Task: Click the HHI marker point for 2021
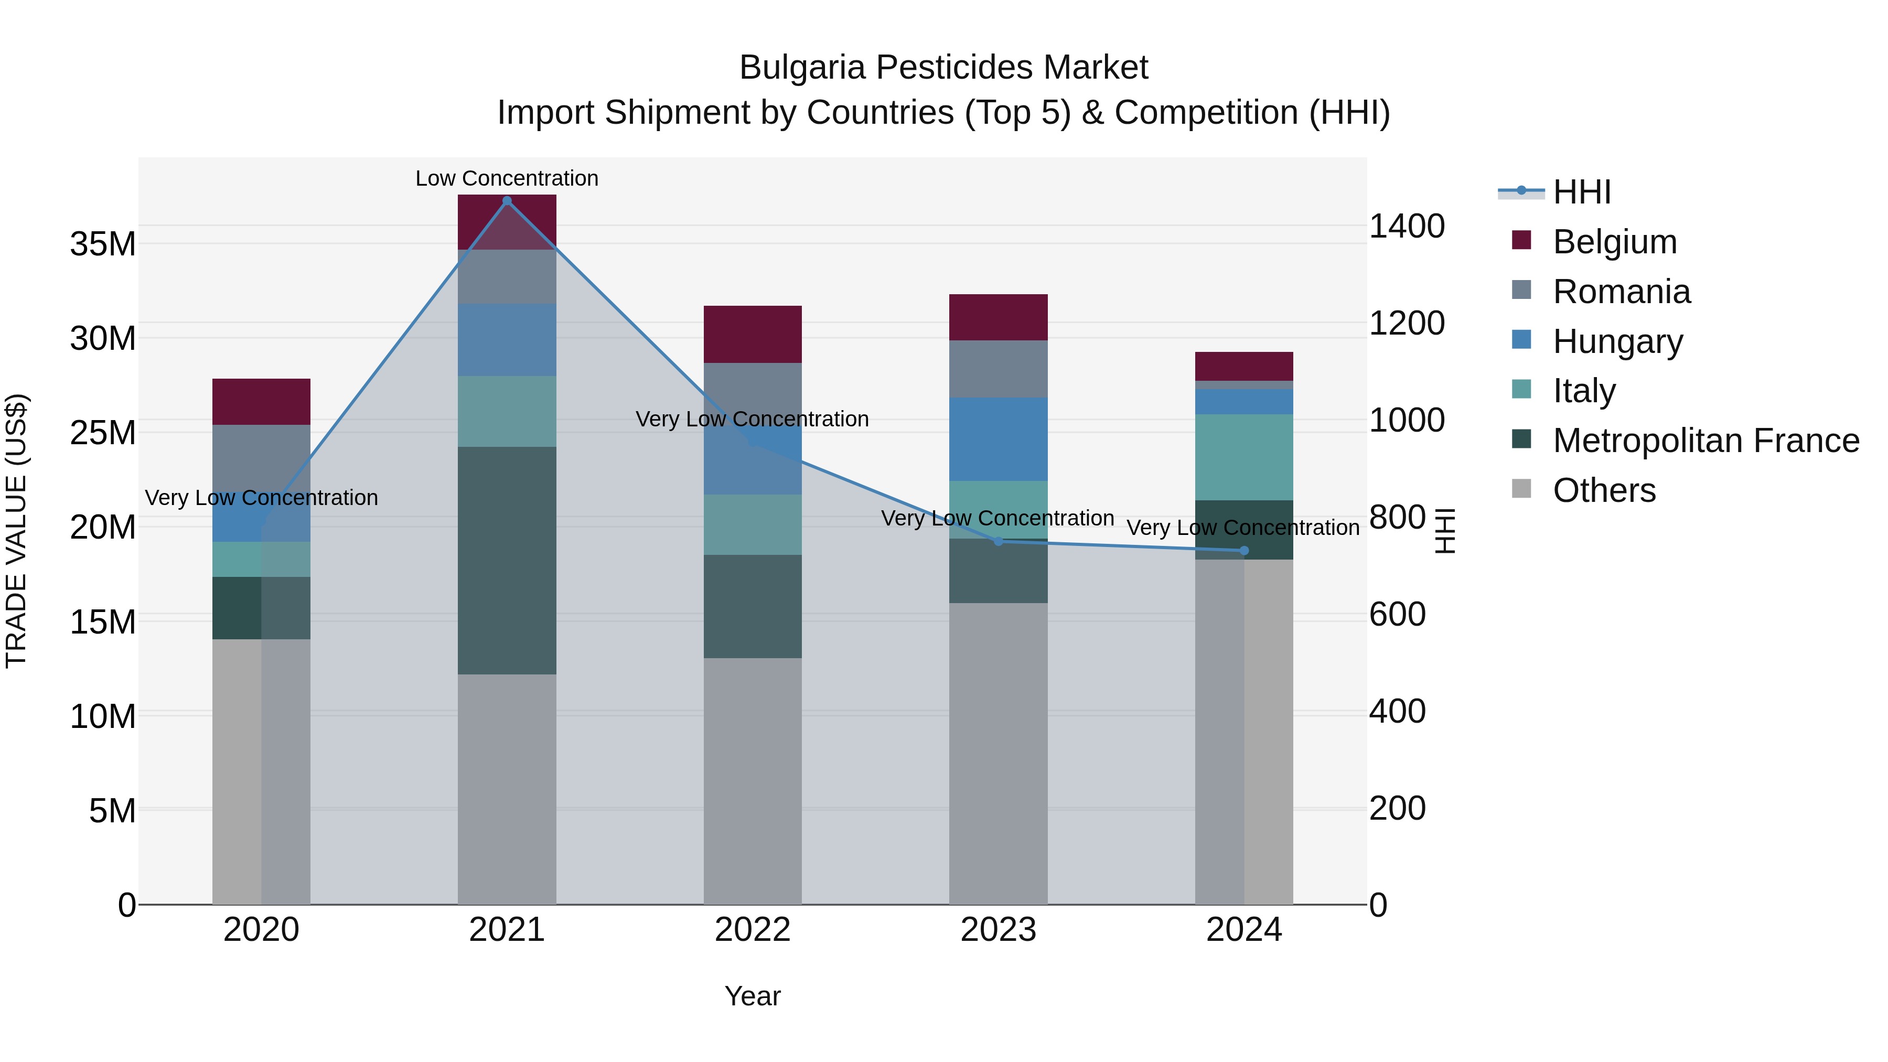(x=507, y=201)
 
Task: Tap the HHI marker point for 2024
(x=1244, y=551)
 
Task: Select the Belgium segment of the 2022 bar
(x=753, y=334)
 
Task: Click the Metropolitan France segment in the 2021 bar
(x=507, y=560)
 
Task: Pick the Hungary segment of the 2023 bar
(x=998, y=439)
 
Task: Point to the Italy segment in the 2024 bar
(x=1244, y=457)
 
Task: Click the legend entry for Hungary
(x=1617, y=341)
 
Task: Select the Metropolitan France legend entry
(x=1705, y=441)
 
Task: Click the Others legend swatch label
(x=1604, y=490)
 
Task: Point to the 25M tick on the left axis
(x=103, y=433)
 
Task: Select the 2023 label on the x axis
(x=998, y=930)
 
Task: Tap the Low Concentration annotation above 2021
(x=507, y=178)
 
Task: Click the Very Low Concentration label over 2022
(x=752, y=419)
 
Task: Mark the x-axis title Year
(x=753, y=996)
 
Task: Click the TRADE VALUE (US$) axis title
(x=16, y=531)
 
